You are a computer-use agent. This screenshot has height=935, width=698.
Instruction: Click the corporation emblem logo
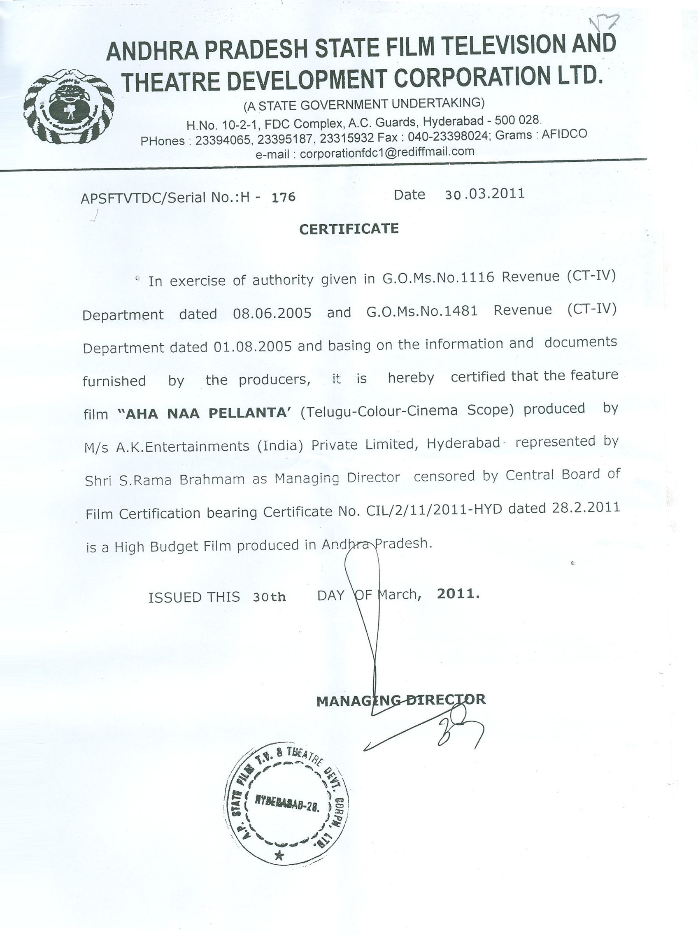pos(69,107)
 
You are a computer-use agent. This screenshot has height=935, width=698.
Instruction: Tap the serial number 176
pos(283,197)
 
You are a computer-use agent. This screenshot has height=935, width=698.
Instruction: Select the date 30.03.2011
pos(485,194)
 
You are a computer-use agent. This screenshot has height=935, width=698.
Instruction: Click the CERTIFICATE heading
pos(349,229)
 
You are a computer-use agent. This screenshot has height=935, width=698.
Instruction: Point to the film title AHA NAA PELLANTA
pos(204,413)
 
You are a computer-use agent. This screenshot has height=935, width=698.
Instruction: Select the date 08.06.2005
pos(272,313)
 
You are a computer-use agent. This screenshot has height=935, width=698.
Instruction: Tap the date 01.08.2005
pos(253,347)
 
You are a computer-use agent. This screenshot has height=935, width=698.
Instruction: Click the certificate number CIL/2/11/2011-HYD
pos(434,510)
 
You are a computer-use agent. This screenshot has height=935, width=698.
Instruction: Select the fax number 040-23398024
pos(448,137)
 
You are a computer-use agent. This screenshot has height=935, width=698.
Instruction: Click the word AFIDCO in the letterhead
pos(564,134)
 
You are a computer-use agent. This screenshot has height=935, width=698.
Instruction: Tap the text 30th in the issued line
pos(269,597)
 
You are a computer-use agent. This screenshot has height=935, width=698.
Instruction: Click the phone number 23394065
pos(223,140)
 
